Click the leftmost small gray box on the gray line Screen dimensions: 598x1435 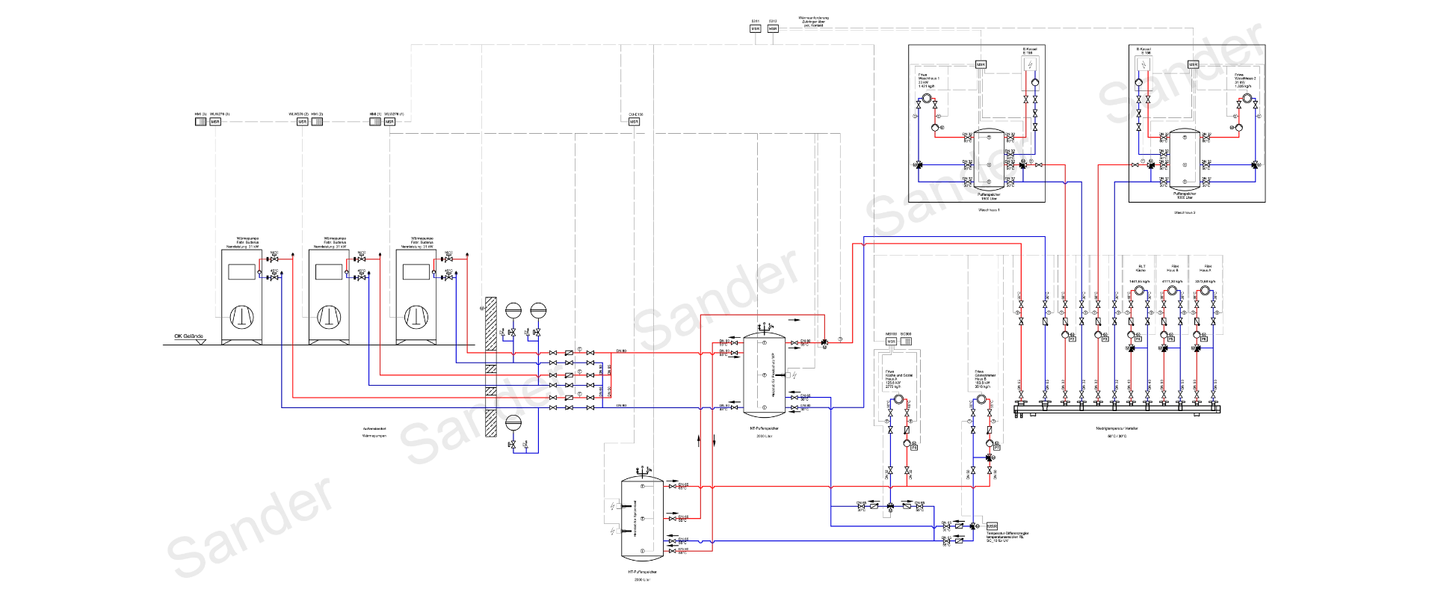click(200, 121)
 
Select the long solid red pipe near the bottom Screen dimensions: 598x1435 click(822, 487)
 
